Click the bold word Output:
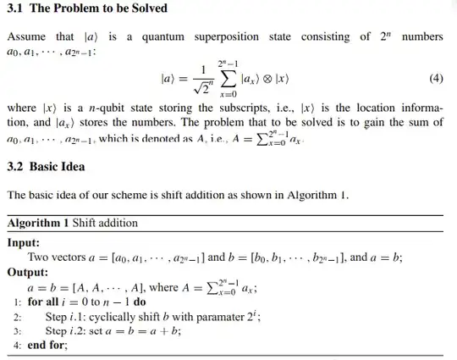point(28,273)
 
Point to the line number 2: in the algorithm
point(15,316)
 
